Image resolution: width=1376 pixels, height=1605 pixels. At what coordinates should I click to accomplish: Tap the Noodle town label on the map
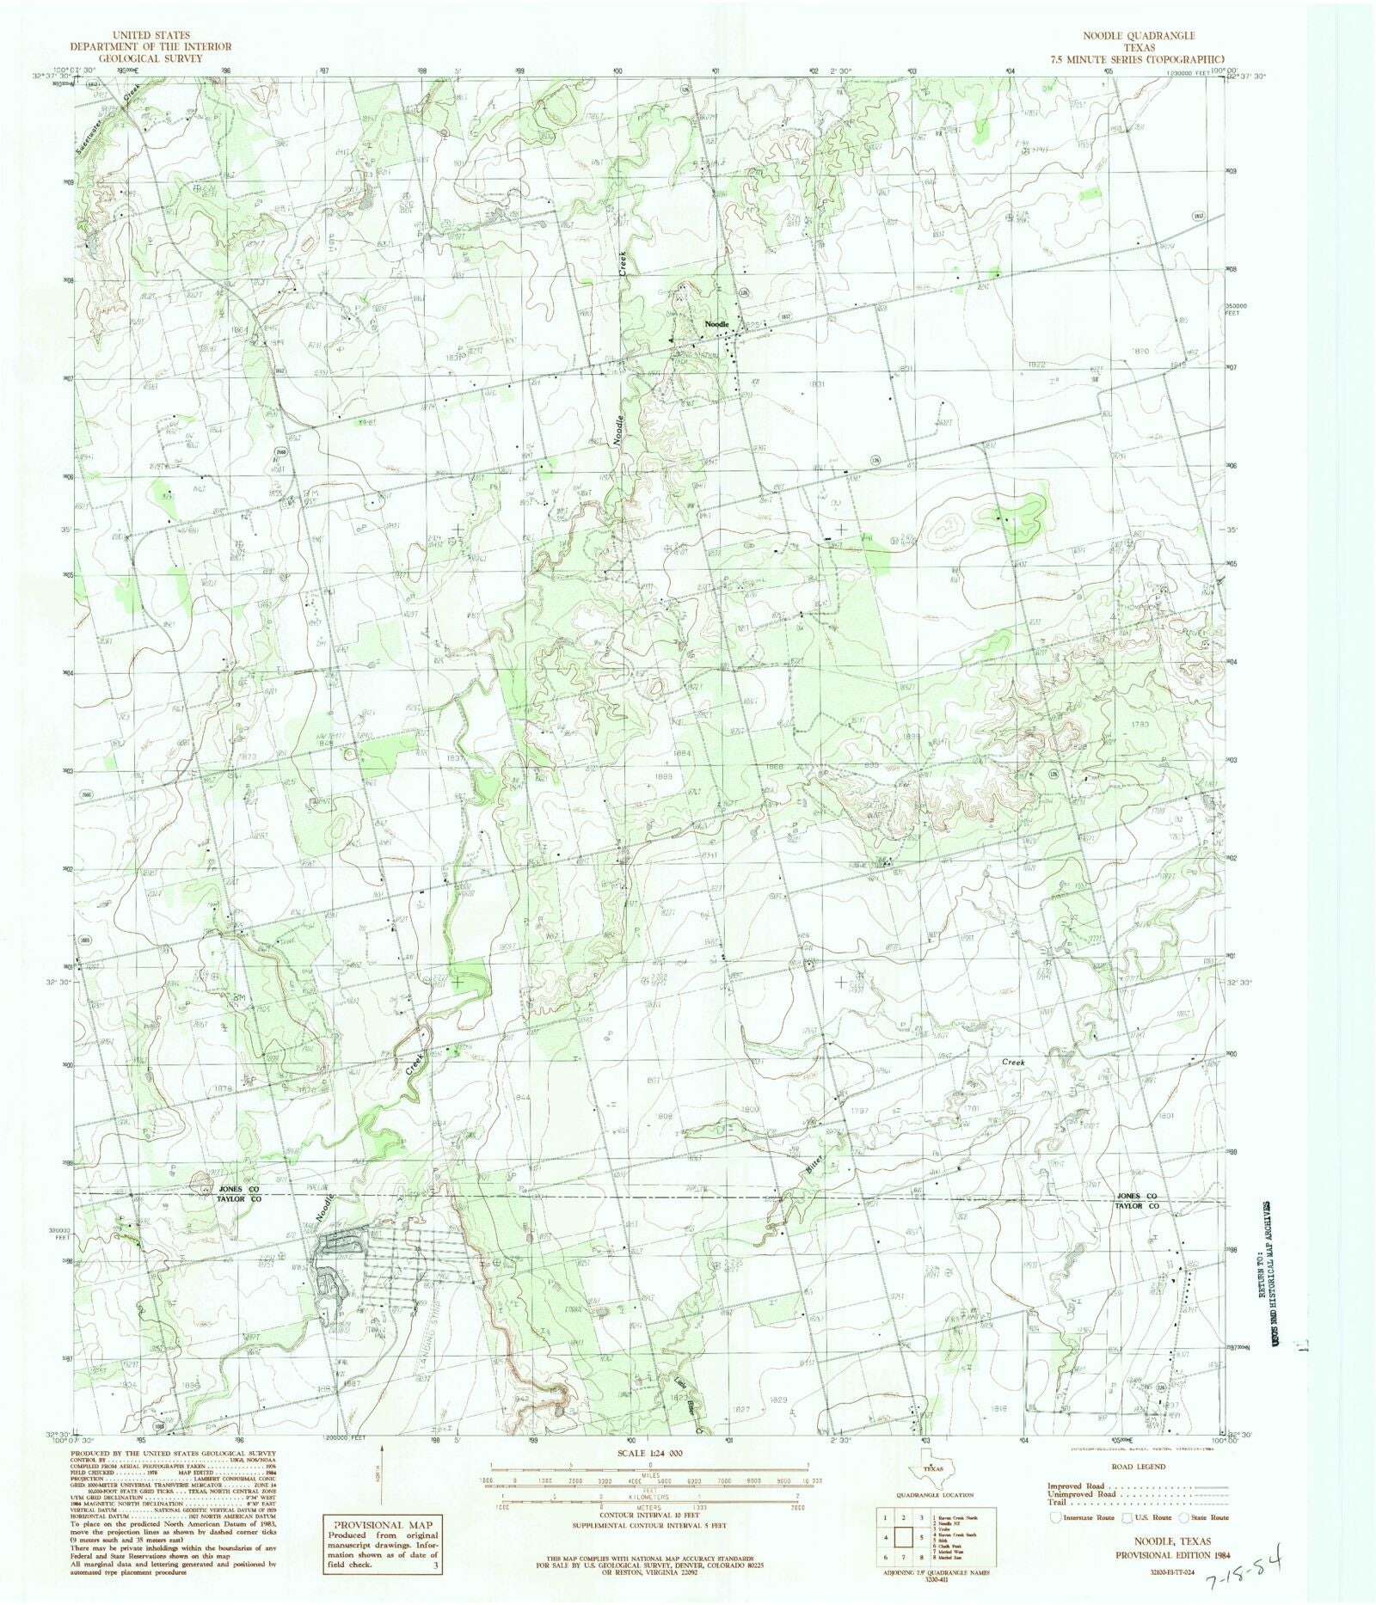pyautogui.click(x=717, y=324)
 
